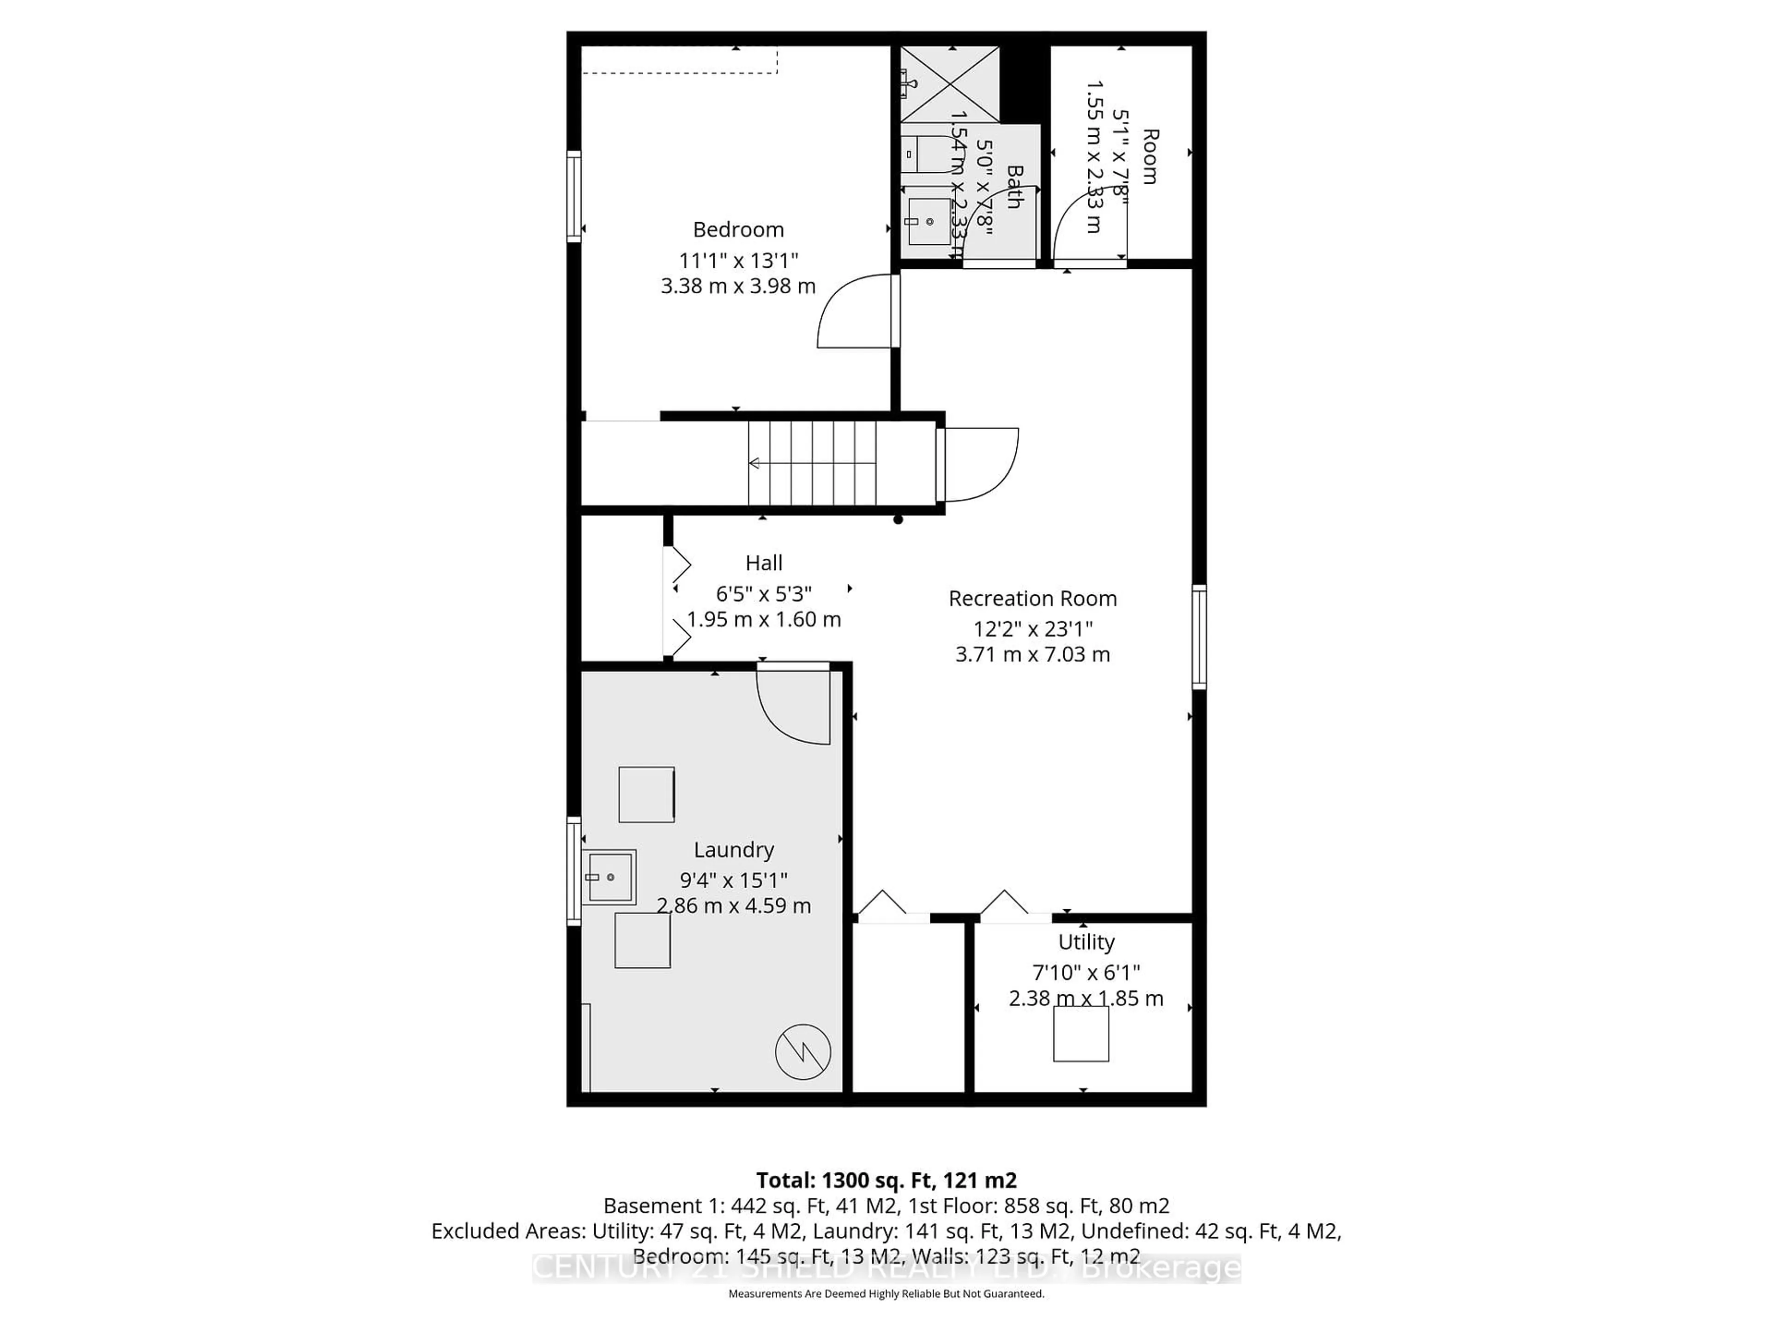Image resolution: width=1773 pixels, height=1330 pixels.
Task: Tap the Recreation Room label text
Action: (1032, 599)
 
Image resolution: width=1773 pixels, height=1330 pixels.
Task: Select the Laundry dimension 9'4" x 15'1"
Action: (733, 880)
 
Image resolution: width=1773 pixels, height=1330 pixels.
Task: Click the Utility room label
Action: (1086, 942)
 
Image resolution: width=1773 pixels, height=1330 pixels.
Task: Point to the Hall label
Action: (763, 563)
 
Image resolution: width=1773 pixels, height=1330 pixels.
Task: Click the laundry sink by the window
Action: (609, 877)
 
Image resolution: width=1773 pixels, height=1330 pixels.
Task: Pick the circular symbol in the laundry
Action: (802, 1052)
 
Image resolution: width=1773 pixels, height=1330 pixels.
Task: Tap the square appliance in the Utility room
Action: (1080, 1034)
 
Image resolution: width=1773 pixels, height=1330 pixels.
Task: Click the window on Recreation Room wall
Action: (1199, 637)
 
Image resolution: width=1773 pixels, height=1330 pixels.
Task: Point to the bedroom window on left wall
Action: (574, 196)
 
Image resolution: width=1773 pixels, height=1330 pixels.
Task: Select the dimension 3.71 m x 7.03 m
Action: (1032, 655)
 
